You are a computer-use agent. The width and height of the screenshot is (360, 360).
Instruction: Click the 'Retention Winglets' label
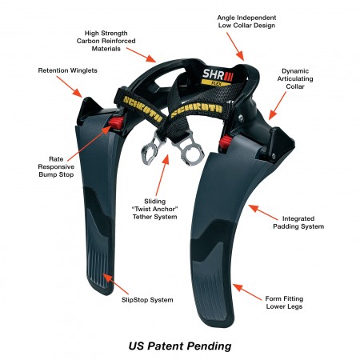(x=67, y=70)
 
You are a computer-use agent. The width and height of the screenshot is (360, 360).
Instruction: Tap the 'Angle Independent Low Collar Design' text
(x=246, y=22)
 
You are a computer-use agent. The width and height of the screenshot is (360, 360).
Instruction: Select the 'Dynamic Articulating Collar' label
(x=295, y=79)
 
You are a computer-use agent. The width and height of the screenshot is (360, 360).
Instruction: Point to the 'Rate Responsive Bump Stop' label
(x=56, y=167)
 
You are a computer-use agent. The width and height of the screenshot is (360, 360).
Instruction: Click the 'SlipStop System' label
(x=147, y=300)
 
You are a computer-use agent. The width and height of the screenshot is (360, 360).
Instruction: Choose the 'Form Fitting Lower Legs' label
(x=284, y=302)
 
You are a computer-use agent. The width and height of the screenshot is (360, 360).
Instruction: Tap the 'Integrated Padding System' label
(x=298, y=222)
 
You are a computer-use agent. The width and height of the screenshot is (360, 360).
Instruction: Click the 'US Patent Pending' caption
(x=180, y=346)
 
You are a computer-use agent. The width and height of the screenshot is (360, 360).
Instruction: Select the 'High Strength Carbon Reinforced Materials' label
(x=106, y=41)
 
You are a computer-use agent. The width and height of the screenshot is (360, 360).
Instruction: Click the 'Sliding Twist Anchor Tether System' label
(x=155, y=209)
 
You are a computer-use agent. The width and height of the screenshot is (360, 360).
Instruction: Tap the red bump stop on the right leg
(x=226, y=142)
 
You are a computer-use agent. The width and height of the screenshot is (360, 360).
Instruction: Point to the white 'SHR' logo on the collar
(x=214, y=74)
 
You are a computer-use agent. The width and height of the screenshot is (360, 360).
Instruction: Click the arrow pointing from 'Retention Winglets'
(x=70, y=86)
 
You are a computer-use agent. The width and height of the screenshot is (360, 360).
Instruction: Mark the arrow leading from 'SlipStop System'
(x=116, y=284)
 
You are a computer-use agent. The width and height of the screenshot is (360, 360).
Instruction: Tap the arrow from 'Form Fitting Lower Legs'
(x=247, y=292)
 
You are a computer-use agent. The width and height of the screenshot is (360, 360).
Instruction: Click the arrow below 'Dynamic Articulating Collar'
(x=278, y=106)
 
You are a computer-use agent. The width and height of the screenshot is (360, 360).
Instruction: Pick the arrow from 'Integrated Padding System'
(x=263, y=212)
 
